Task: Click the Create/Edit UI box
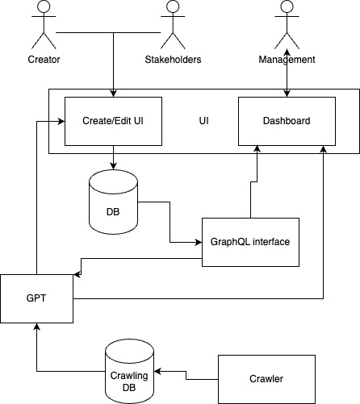[113, 121]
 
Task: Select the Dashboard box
[287, 121]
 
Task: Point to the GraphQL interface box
[249, 242]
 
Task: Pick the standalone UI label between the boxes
[203, 121]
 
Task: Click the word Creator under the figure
[44, 60]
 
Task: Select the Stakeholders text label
[172, 60]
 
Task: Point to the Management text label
[287, 60]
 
